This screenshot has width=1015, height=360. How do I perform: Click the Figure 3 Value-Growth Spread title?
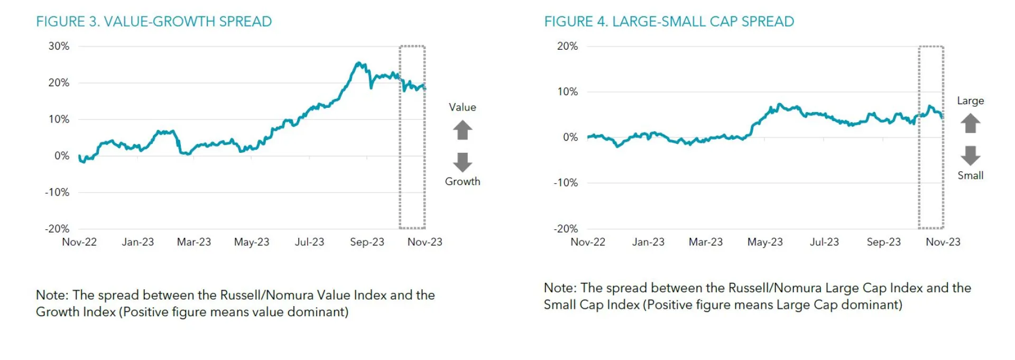click(154, 22)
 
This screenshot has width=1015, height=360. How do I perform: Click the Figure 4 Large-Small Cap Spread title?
click(669, 22)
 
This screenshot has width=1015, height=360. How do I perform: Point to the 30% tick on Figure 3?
click(59, 47)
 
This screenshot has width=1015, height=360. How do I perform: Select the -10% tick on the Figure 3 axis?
click(57, 192)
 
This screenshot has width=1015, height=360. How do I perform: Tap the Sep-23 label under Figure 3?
click(367, 242)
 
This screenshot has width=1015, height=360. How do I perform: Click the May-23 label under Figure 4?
click(765, 242)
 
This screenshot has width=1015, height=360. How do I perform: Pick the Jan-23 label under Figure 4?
click(648, 242)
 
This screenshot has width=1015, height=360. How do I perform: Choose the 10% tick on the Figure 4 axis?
click(567, 92)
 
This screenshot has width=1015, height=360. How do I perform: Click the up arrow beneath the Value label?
click(463, 130)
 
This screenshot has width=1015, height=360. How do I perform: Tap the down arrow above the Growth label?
click(463, 162)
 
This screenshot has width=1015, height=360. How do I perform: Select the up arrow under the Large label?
click(970, 123)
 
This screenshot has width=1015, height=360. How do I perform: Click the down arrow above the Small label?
click(970, 155)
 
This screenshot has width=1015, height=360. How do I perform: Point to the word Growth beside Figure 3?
click(463, 181)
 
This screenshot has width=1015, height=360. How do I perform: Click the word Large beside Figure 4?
click(970, 101)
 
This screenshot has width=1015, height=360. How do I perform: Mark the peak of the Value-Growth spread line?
click(359, 63)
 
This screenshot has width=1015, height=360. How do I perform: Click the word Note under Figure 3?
click(52, 295)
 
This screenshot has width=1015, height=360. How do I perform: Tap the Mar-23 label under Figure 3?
click(193, 242)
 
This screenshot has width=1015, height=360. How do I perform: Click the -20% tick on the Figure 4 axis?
click(566, 229)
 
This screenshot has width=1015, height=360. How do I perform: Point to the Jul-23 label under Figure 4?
click(824, 242)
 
